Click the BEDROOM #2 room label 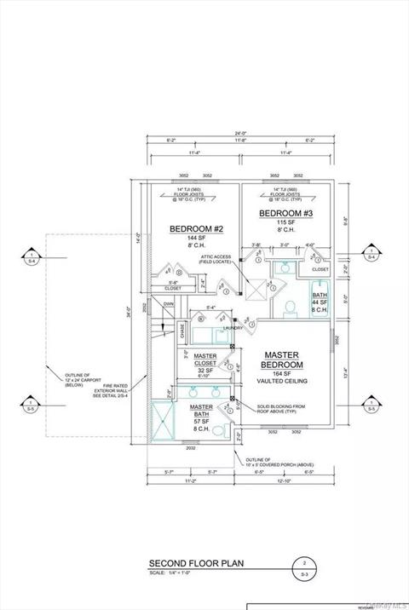(195, 228)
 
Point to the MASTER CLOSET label (204, 360)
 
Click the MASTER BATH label (201, 411)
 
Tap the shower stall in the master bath (158, 421)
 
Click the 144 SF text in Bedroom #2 (195, 238)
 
